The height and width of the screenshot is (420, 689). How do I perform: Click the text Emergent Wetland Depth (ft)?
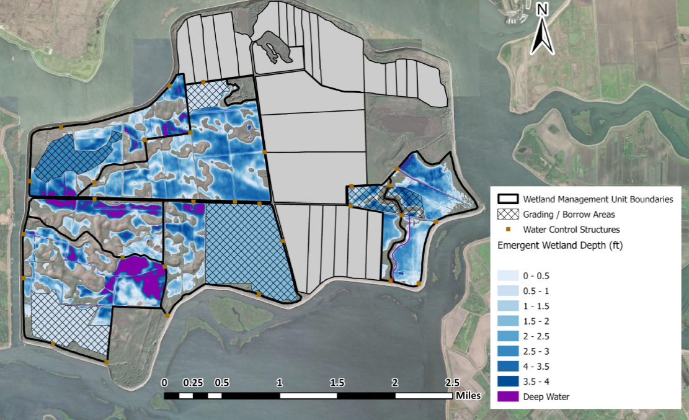click(560, 245)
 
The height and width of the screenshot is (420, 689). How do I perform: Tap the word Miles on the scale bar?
click(468, 395)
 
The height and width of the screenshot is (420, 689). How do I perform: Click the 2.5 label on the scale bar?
click(452, 382)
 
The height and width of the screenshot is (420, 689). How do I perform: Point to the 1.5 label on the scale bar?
click(337, 382)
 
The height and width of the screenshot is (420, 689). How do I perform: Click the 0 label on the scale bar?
click(164, 382)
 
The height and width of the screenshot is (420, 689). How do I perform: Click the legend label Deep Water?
click(546, 396)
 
